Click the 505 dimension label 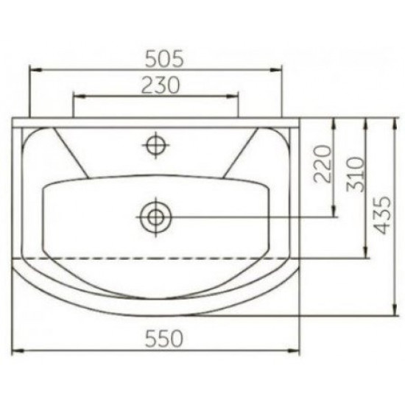coord(164,59)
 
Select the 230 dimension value coord(161,85)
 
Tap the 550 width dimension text coord(164,339)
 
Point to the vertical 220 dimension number coord(322,164)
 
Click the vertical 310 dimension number coord(356,174)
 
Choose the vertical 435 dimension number coord(382,215)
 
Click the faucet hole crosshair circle coord(155,145)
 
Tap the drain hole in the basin coord(156,217)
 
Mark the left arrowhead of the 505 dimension coord(35,70)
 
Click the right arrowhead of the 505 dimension coord(275,70)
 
